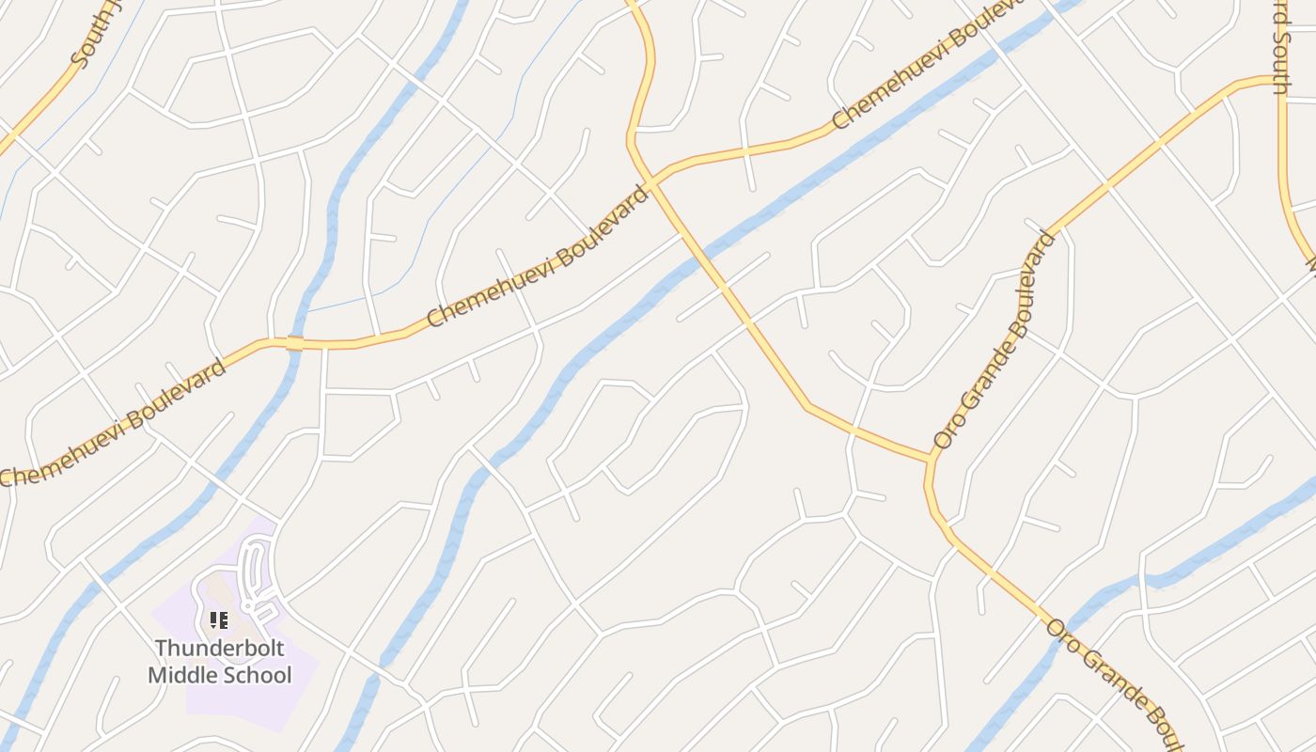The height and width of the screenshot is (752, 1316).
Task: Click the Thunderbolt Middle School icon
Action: click(219, 619)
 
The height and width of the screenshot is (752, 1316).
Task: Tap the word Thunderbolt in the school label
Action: click(219, 649)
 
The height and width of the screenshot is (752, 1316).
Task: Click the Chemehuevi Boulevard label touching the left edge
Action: click(113, 423)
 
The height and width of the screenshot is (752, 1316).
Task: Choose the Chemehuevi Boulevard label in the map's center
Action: click(539, 257)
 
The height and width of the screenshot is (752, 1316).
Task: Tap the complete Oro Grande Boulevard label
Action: click(995, 340)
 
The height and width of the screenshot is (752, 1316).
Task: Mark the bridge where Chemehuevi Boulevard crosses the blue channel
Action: click(294, 343)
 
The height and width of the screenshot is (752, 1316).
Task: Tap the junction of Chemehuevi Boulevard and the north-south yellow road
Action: click(650, 180)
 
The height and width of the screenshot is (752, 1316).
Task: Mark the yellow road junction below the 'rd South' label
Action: click(1281, 82)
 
